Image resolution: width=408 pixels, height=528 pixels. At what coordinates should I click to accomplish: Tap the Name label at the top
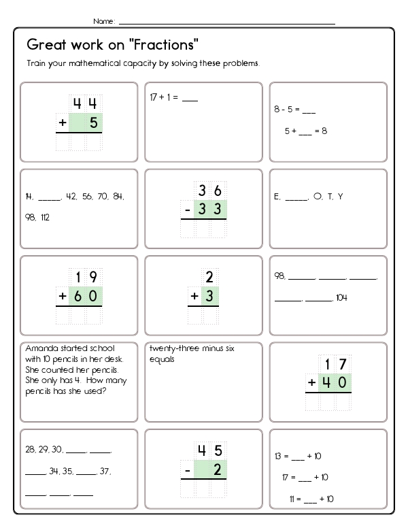103,22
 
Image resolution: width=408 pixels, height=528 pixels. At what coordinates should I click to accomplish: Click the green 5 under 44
93,123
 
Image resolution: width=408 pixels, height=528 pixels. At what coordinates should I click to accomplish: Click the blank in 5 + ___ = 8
303,131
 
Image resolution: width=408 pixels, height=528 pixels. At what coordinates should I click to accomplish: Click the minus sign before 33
187,210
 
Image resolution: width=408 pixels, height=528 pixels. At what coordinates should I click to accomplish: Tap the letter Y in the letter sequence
341,197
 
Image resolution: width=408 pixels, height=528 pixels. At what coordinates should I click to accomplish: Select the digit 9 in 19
93,277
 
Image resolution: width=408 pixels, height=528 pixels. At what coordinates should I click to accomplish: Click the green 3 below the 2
211,296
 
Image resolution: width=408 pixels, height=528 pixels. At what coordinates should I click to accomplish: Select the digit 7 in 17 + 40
343,364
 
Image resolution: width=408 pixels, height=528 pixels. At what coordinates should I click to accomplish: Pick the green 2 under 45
218,469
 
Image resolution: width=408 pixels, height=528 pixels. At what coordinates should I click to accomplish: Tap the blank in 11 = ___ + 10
307,499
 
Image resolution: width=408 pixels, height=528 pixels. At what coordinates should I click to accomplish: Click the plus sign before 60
63,296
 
